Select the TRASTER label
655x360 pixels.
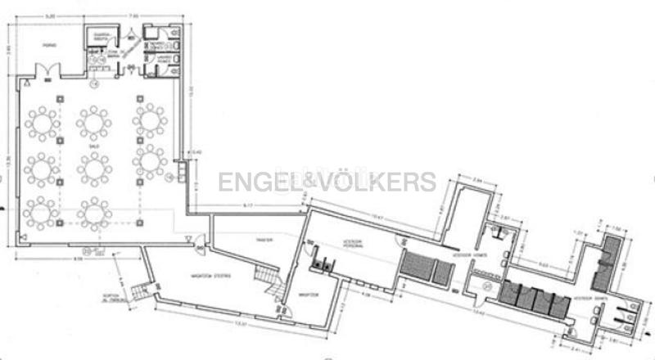pyautogui.click(x=264, y=240)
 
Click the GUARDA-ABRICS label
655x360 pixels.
pyautogui.click(x=102, y=36)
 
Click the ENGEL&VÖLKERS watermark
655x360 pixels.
pyautogui.click(x=327, y=182)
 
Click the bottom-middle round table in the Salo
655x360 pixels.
pyautogui.click(x=95, y=214)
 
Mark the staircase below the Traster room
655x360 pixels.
pyautogui.click(x=268, y=283)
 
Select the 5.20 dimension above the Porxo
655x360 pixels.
pyautogui.click(x=50, y=16)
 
